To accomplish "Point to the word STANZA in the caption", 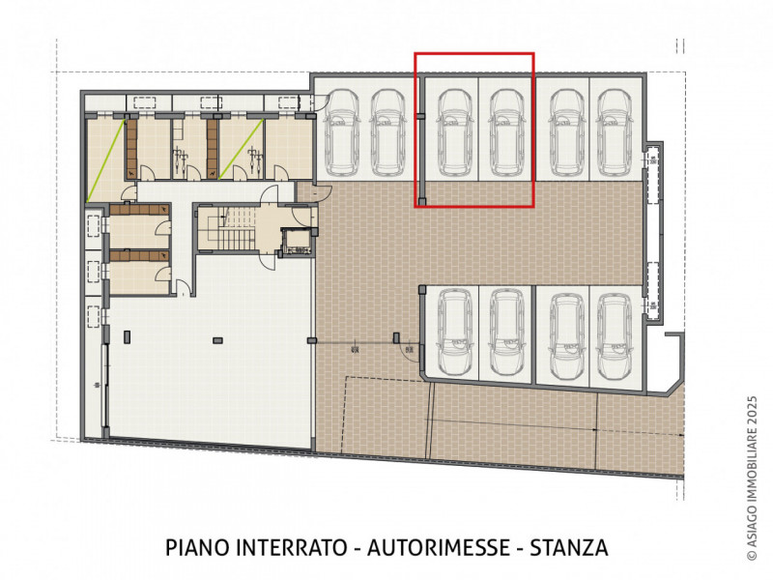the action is click(569, 548).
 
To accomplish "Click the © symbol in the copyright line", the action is click(752, 555).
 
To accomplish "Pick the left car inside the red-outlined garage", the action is click(453, 132).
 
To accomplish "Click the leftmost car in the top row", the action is click(342, 132).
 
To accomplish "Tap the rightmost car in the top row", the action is click(614, 132).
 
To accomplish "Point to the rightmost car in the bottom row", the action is click(614, 337).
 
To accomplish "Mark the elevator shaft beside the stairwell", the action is click(297, 243).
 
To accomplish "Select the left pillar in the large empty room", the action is click(128, 336).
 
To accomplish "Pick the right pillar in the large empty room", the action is click(217, 340).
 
